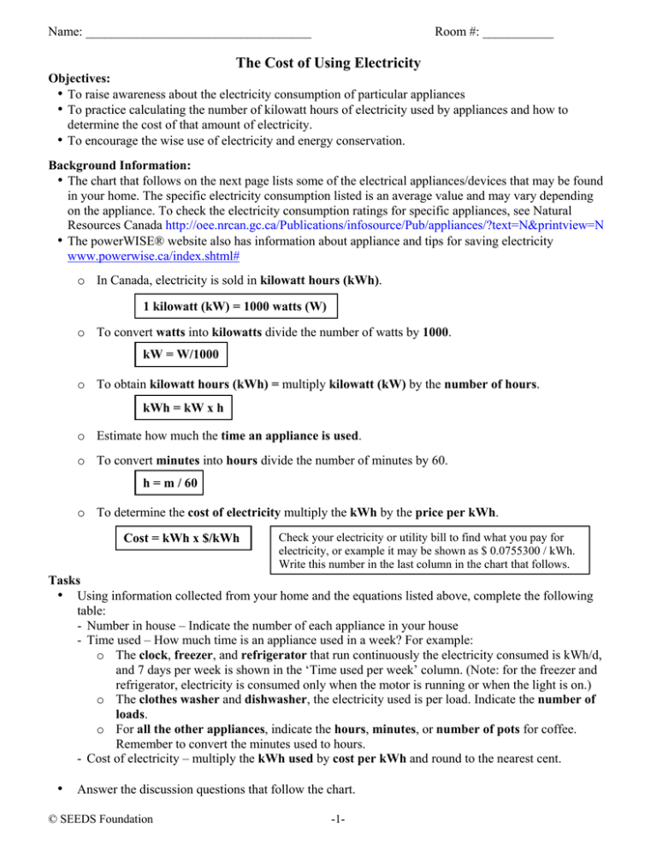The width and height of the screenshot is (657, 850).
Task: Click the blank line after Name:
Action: pos(198,35)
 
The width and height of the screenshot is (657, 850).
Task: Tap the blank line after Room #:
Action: pos(518,35)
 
